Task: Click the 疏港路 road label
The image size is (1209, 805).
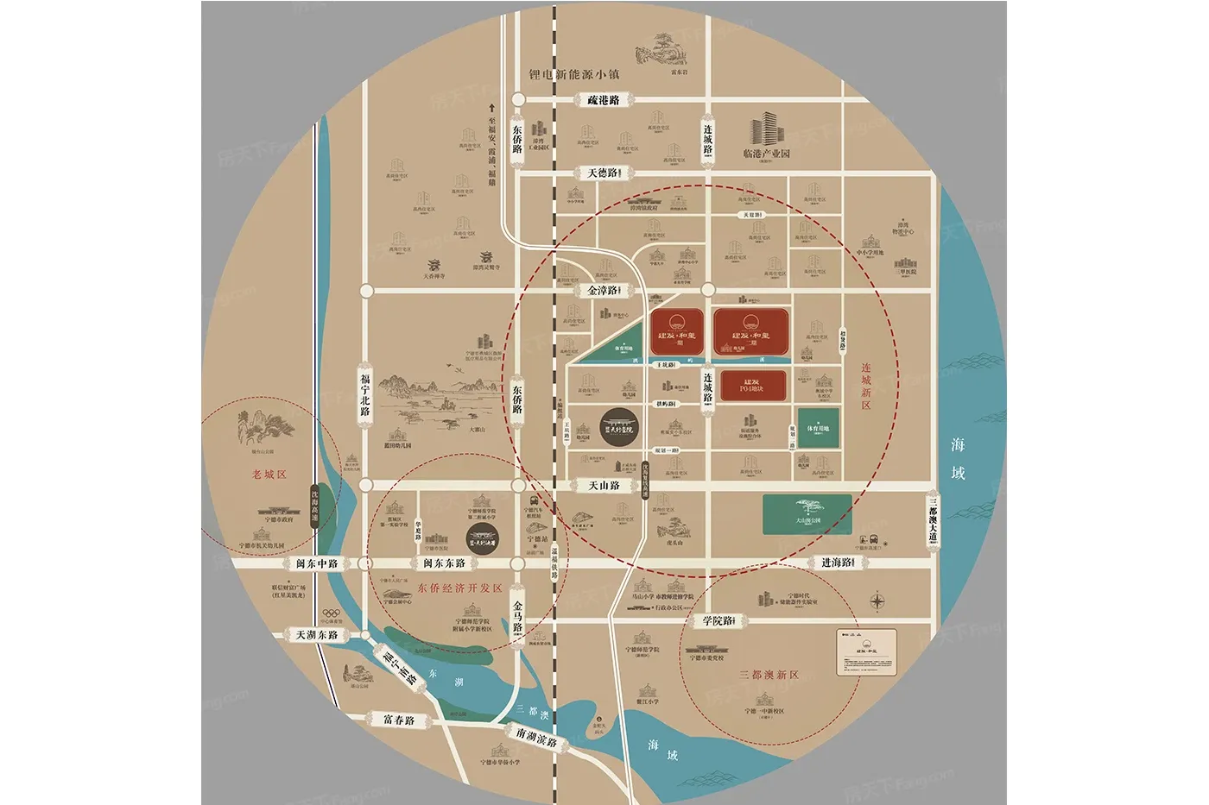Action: coord(604,100)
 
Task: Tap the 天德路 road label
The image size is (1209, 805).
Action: coord(603,173)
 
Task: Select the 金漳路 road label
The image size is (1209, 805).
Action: coord(603,291)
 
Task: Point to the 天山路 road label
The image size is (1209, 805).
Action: coord(604,486)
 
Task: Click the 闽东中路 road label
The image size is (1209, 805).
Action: coord(317,563)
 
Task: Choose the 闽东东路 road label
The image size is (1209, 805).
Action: coord(444,563)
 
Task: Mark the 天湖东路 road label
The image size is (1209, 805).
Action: coord(317,635)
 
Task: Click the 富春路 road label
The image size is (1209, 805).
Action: coord(399,719)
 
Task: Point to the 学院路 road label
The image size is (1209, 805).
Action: coord(718,620)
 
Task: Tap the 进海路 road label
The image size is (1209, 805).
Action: coord(836,563)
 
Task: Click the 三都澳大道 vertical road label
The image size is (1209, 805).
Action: coord(933,521)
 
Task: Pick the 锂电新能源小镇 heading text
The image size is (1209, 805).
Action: coord(574,74)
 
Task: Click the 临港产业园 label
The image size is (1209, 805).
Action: coord(767,154)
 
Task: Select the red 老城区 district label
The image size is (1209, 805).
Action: coord(269,475)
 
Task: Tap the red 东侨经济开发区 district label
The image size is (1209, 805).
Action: coord(459,588)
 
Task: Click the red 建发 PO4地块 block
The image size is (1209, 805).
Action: coord(752,385)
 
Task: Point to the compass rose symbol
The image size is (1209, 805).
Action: coord(877,601)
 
